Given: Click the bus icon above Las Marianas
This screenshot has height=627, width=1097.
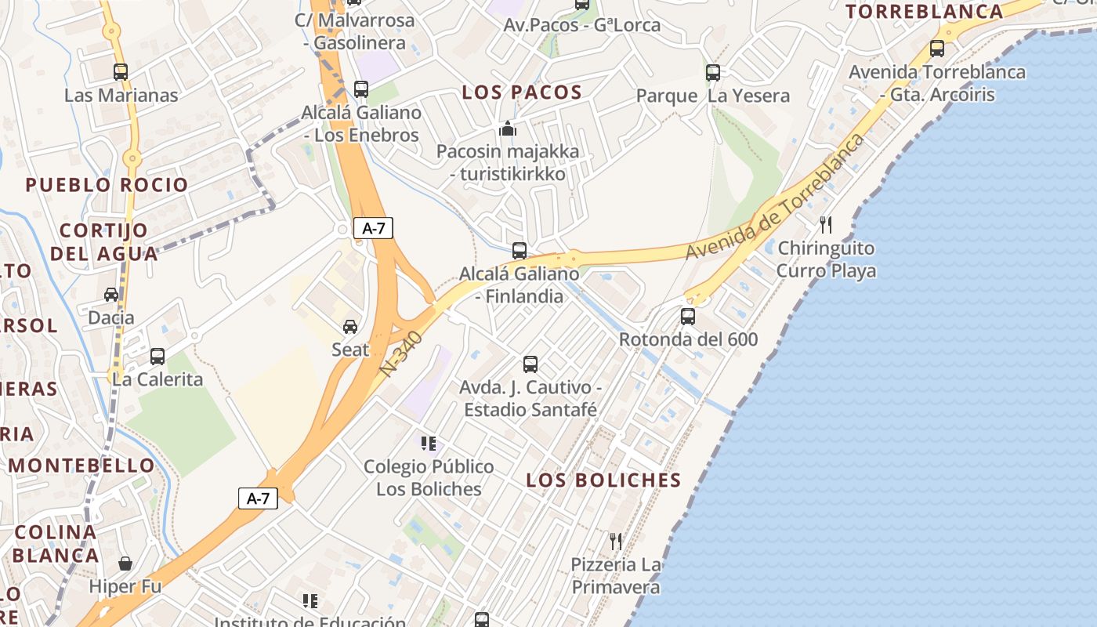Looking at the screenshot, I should point(121,72).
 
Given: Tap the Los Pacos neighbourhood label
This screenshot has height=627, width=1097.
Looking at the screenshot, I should point(522,92).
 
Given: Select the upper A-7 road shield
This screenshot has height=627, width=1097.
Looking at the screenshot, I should point(373,228).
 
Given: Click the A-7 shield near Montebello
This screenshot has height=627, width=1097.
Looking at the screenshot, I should point(258,498).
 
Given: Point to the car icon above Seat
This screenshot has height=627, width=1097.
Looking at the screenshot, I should point(350,326).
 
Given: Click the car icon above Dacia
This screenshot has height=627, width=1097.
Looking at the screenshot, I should point(111,295).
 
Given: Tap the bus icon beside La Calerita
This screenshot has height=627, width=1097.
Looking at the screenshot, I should point(157,357).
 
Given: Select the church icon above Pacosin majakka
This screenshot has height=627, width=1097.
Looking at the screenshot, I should point(508,128).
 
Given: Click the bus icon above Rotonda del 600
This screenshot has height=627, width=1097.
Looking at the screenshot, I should point(688,317).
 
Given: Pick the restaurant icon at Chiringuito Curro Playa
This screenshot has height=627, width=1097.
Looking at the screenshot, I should point(826,225).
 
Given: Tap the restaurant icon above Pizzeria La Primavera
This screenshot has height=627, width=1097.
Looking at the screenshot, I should point(616,541).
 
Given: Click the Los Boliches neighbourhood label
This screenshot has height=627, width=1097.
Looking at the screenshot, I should point(603,480).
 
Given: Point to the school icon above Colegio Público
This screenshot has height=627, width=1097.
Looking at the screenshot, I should point(428,444).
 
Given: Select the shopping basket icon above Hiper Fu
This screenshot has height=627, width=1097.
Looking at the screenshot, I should point(125,564).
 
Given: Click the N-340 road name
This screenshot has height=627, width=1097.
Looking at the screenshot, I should point(404,354).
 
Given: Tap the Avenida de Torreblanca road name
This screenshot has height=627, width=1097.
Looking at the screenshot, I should point(775,199).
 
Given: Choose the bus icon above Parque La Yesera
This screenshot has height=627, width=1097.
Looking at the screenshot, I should point(713,73).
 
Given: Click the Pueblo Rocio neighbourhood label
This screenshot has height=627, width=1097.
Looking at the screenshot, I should point(107,186).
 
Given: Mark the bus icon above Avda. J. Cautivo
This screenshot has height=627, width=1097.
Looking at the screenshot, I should point(530,364).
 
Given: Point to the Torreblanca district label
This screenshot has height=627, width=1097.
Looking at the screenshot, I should point(925,12).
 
